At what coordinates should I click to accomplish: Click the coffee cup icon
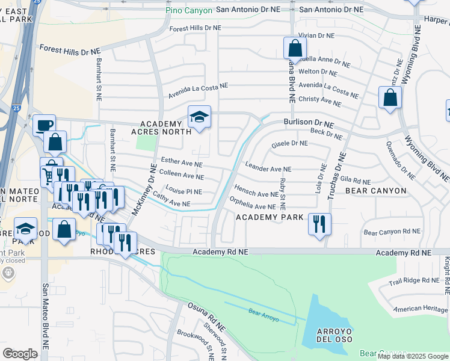point(44,125)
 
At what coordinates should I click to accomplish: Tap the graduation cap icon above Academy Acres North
point(199,116)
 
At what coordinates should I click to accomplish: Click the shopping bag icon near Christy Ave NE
point(390,97)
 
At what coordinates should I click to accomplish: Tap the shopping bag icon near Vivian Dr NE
point(294,48)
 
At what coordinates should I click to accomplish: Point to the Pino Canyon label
point(189,10)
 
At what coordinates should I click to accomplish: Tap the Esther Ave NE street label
point(182,164)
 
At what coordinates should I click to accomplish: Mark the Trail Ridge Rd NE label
point(413,280)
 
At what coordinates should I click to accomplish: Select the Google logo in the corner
point(20,354)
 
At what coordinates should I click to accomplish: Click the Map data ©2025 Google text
point(413,356)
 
